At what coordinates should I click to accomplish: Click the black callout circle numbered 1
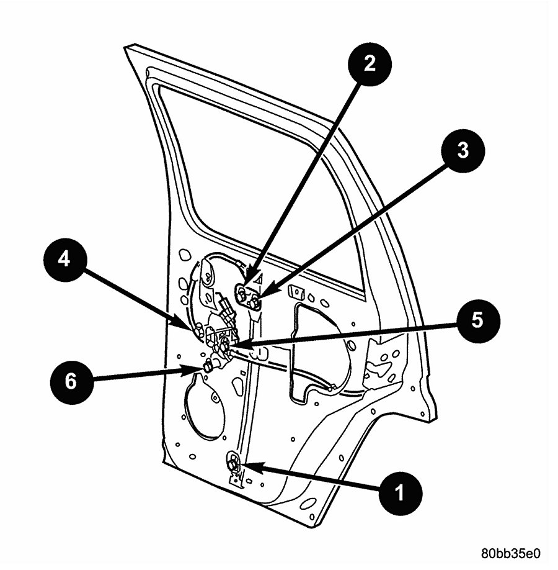(399, 494)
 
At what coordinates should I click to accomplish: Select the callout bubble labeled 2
(370, 63)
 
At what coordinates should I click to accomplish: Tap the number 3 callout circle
(463, 151)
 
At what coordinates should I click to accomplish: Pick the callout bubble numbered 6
(71, 381)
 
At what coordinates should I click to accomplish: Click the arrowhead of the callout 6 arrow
(200, 369)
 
